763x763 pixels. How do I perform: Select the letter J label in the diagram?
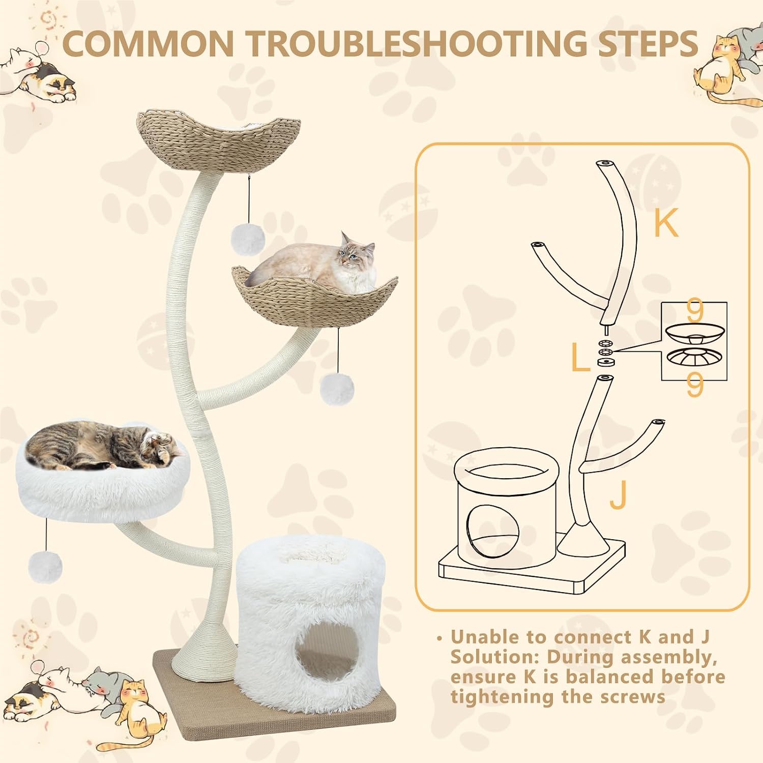[x=618, y=494]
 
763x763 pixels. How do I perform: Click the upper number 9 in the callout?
[x=694, y=312]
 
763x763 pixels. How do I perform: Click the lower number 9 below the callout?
[x=694, y=387]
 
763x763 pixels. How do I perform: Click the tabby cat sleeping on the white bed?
[x=102, y=446]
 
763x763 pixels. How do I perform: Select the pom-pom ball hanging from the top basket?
[x=248, y=238]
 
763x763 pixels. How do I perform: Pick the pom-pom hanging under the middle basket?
[x=337, y=389]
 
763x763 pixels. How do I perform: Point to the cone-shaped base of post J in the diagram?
[x=583, y=541]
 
